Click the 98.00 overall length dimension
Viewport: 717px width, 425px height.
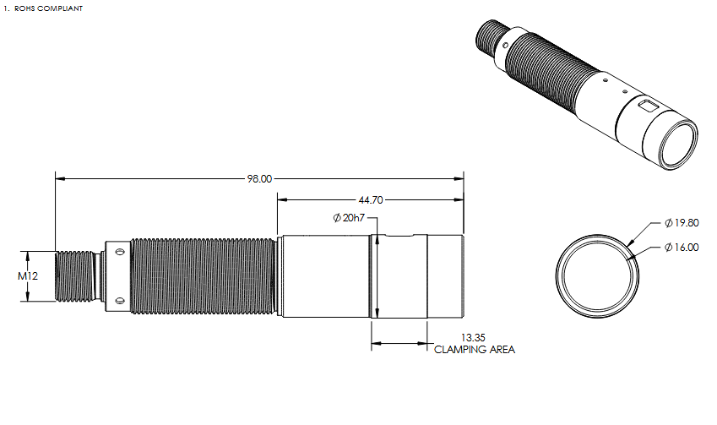pyautogui.click(x=259, y=179)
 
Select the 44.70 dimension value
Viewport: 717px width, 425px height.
pyautogui.click(x=371, y=200)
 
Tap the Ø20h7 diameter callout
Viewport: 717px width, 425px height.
pyautogui.click(x=349, y=218)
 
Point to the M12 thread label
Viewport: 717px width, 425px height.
pyautogui.click(x=28, y=275)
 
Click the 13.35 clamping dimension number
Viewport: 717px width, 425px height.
pyautogui.click(x=473, y=338)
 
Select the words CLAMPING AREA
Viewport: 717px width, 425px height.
pyautogui.click(x=475, y=350)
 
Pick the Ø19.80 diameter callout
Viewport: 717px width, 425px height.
pyautogui.click(x=682, y=223)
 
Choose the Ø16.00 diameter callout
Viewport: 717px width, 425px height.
pyautogui.click(x=682, y=247)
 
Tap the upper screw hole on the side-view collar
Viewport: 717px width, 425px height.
pyautogui.click(x=120, y=252)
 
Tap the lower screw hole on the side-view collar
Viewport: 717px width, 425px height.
pyautogui.click(x=120, y=301)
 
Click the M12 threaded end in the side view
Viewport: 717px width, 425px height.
pyautogui.click(x=74, y=275)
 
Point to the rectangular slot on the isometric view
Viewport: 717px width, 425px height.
pyautogui.click(x=648, y=106)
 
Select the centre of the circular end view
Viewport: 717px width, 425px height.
pyautogui.click(x=598, y=276)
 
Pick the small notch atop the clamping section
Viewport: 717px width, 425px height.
pyautogui.click(x=400, y=236)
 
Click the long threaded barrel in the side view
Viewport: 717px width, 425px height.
pyautogui.click(x=204, y=275)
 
